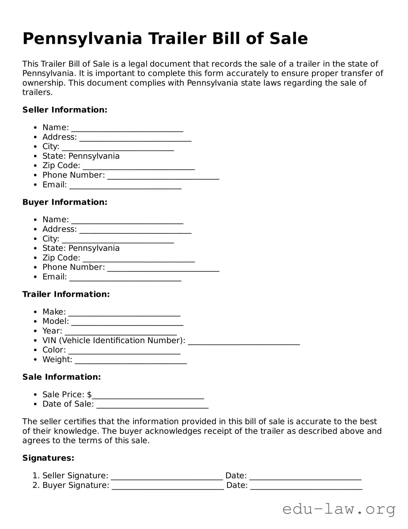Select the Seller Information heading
click(x=65, y=110)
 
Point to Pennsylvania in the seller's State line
click(x=94, y=156)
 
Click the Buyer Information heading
click(x=65, y=202)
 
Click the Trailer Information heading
click(x=66, y=294)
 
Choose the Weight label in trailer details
click(x=57, y=359)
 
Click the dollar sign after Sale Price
click(x=89, y=394)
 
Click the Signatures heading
click(x=48, y=458)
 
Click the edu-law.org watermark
click(x=339, y=509)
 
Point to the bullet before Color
click(x=36, y=350)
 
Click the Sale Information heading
click(x=61, y=377)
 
